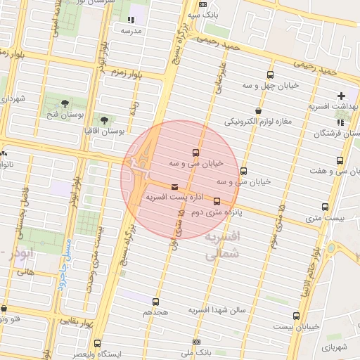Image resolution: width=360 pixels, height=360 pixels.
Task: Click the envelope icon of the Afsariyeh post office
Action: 174,186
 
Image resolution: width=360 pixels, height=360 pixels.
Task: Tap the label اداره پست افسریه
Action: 174,198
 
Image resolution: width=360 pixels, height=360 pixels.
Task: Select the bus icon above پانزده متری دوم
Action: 217,201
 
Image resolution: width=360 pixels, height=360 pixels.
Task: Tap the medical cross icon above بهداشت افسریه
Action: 342,96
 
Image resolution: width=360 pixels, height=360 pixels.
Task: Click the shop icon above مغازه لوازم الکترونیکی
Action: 259,110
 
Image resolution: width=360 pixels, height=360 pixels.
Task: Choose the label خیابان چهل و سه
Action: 271,85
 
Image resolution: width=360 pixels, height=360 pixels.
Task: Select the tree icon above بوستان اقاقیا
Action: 105,121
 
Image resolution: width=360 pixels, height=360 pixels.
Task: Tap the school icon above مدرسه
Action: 131,20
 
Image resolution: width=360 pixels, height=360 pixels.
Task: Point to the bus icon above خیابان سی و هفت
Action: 340,161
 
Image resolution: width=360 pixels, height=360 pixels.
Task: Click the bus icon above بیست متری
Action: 325,207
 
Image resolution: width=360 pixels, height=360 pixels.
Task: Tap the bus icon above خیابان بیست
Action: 296,316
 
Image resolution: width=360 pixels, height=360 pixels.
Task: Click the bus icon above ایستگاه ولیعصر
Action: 97,343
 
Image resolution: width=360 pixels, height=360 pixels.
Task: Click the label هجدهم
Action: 155,311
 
